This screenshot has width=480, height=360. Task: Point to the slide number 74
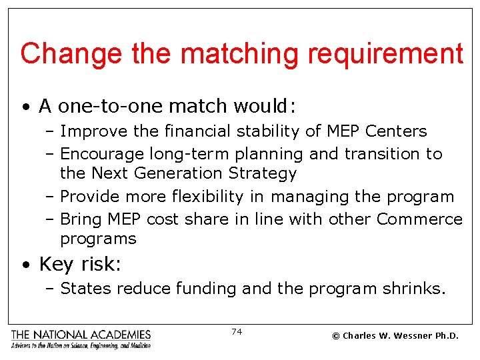pyautogui.click(x=237, y=331)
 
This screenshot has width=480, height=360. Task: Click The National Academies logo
pyautogui.click(x=81, y=339)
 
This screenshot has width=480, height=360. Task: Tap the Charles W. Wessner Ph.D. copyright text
pyautogui.click(x=395, y=335)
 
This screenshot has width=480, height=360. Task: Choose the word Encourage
pyautogui.click(x=102, y=154)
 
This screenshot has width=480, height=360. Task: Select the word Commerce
pyautogui.click(x=419, y=219)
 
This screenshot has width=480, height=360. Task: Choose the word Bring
pyautogui.click(x=80, y=219)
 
